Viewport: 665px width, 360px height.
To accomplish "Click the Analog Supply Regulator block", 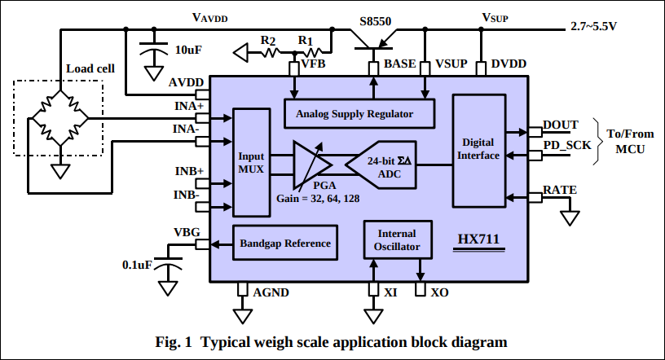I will pos(355,113).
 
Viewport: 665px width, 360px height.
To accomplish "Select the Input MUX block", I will pos(251,161).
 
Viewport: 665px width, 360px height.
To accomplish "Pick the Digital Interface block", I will pos(478,149).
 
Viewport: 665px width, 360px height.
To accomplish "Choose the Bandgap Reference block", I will pos(284,244).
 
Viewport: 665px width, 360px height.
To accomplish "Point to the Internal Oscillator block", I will pos(398,240).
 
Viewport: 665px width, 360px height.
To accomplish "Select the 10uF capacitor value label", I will pos(188,50).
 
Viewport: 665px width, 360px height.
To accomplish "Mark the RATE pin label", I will pos(560,191).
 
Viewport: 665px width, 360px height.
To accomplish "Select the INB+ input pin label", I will pos(189,172).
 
